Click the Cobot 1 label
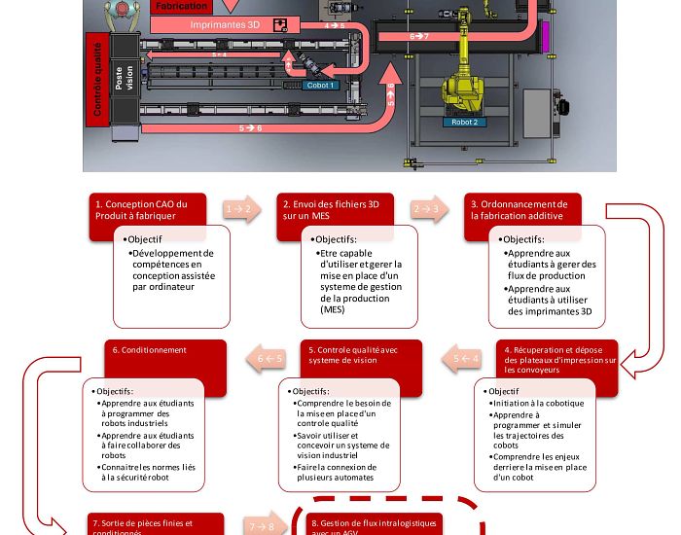point(321,86)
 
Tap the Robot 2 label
point(464,123)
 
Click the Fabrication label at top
point(182,6)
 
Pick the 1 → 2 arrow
point(239,209)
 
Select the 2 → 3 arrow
point(426,209)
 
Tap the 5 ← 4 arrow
point(465,359)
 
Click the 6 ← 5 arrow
point(269,359)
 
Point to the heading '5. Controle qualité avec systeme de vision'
point(351,355)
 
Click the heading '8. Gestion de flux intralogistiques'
point(375,525)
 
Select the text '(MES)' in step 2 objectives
point(333,309)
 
